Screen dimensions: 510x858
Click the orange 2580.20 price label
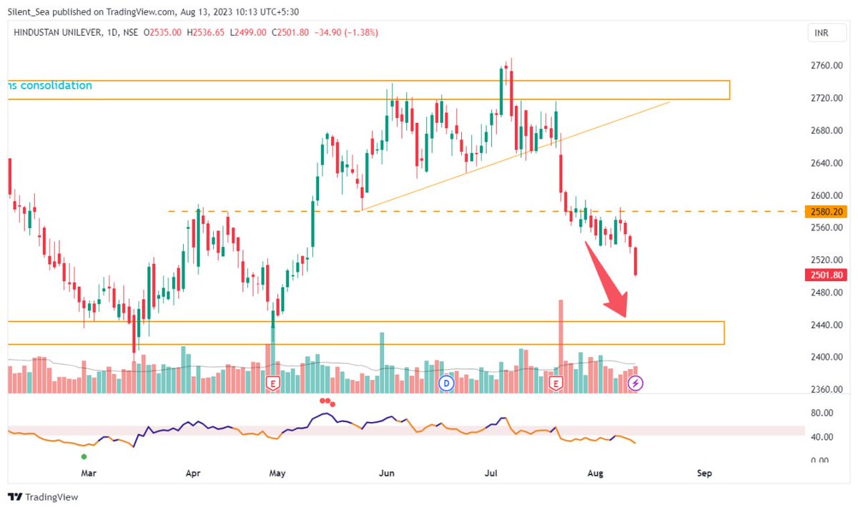[x=824, y=212]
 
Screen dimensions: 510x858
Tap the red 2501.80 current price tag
[x=824, y=275]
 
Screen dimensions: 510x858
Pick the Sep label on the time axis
[x=705, y=473]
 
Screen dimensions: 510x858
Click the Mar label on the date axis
[x=88, y=473]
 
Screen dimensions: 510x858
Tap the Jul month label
[x=491, y=473]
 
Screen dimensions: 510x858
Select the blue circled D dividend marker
[x=447, y=384]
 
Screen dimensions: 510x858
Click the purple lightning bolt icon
[x=636, y=384]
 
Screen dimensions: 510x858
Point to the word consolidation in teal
[x=56, y=86]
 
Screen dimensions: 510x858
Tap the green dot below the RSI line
[x=84, y=456]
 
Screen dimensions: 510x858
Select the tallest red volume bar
[x=561, y=343]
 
